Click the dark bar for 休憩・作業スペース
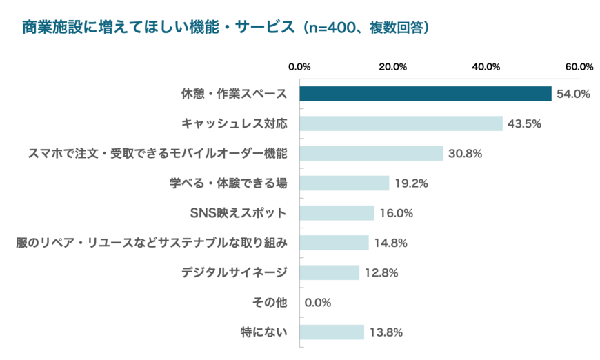click(426, 94)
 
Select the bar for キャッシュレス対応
click(401, 123)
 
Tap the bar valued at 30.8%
click(371, 153)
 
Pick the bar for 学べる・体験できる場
click(344, 183)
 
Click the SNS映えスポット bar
click(337, 213)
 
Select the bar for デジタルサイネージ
click(329, 272)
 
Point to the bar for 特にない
click(332, 332)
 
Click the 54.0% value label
click(574, 94)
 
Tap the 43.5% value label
click(524, 124)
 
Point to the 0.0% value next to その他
click(318, 303)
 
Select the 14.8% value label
click(391, 243)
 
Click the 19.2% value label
click(412, 183)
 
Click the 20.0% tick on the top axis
click(392, 67)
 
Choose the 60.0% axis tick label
click(579, 67)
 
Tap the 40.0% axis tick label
click(486, 67)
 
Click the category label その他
click(269, 302)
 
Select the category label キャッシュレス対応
click(234, 123)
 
